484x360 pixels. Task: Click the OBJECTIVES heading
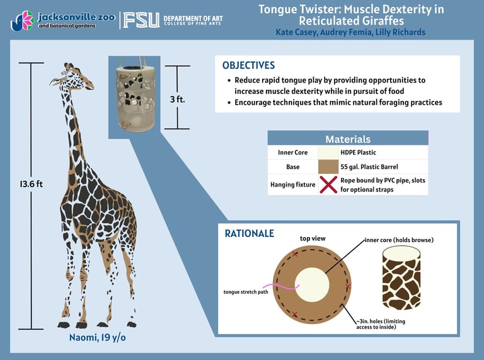[248, 66]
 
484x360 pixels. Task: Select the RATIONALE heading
[249, 233]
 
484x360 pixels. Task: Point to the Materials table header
[347, 139]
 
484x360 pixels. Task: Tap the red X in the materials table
[328, 185]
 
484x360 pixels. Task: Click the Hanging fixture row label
[292, 185]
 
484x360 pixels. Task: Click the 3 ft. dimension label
[177, 100]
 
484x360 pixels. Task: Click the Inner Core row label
[292, 153]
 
